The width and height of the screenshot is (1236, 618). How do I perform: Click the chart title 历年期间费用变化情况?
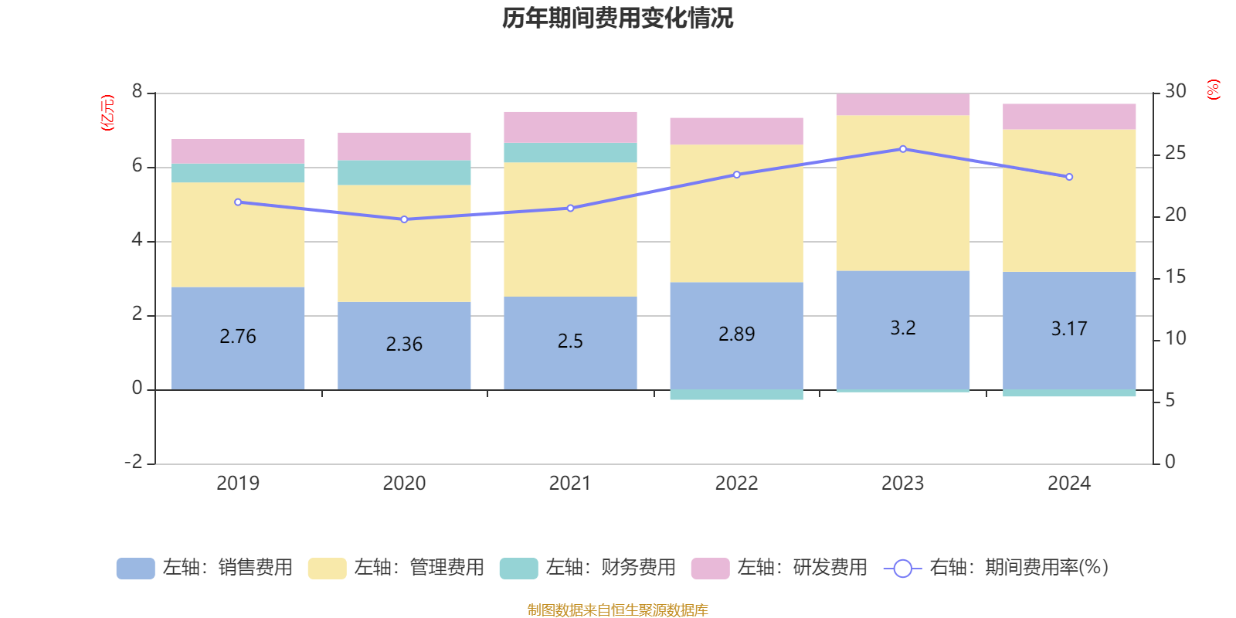click(617, 18)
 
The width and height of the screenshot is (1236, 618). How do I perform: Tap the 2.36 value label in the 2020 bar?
click(404, 344)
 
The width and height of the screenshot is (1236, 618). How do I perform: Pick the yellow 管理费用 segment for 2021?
click(570, 229)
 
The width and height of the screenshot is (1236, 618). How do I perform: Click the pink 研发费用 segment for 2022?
click(736, 131)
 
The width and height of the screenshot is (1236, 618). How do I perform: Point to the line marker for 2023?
click(902, 149)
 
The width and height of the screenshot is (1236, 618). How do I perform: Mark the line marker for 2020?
click(404, 219)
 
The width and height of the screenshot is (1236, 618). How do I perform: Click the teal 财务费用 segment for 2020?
click(404, 172)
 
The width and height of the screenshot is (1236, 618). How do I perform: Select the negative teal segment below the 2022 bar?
click(736, 395)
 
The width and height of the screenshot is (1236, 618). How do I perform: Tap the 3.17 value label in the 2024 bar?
click(1069, 329)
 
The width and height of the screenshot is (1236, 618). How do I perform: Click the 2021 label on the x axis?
click(570, 484)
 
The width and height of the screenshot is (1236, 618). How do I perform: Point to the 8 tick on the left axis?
click(138, 92)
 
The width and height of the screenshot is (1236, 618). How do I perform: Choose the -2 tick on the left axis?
click(134, 462)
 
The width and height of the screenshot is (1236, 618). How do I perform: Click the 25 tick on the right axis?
click(1175, 154)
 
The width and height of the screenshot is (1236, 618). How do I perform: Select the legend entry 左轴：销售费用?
click(205, 568)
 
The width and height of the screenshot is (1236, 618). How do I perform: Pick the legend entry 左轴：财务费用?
click(588, 568)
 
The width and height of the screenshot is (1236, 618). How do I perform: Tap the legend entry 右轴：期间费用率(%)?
click(996, 568)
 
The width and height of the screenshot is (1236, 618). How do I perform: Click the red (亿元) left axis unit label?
click(107, 113)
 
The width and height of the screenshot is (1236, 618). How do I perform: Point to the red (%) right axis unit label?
click(1214, 90)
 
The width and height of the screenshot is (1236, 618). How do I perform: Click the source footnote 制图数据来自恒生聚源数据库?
click(617, 610)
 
